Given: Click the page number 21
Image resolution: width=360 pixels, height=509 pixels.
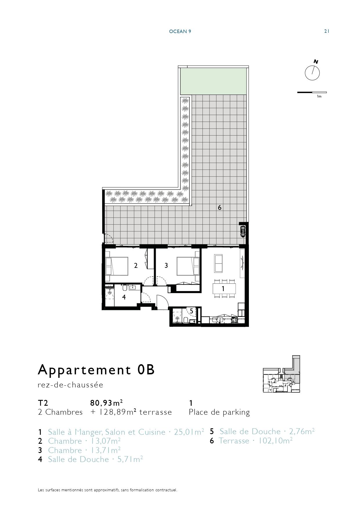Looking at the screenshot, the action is tap(327, 31).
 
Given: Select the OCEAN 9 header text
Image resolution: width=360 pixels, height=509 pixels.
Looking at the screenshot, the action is tap(180, 31).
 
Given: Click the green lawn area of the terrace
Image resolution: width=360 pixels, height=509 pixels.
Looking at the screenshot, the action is tap(213, 81).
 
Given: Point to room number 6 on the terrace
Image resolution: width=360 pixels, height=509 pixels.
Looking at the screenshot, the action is tap(220, 207).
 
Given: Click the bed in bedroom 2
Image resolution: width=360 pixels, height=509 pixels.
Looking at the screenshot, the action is tap(117, 266).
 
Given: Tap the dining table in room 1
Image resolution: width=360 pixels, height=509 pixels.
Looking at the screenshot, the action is tap(224, 288).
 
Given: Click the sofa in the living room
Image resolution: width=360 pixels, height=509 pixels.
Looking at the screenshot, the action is tap(218, 263).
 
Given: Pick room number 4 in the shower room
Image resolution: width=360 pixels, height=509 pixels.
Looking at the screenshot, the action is tap(124, 297).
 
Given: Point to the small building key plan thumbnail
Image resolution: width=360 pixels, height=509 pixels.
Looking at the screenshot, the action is tap(281, 374).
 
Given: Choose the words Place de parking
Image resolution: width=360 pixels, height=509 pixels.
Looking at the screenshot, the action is tap(219, 412).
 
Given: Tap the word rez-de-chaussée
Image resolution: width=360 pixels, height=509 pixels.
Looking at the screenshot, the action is tap(70, 385).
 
